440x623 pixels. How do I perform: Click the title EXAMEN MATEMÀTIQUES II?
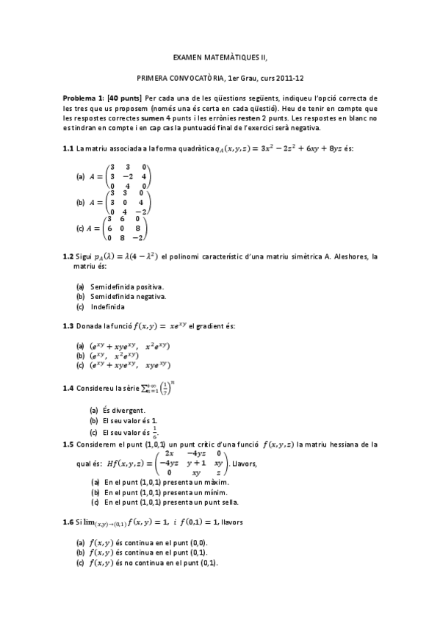220,56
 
